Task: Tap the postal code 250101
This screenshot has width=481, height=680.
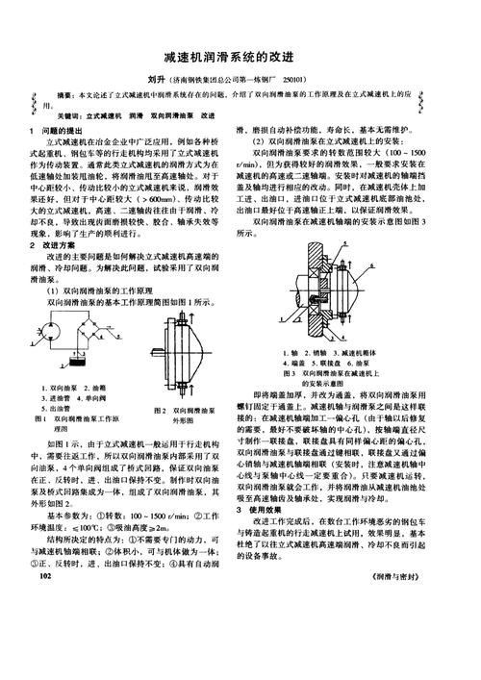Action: (295, 78)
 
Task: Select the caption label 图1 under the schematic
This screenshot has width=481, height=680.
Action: (39, 420)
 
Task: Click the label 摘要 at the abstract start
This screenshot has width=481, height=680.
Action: (67, 98)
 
